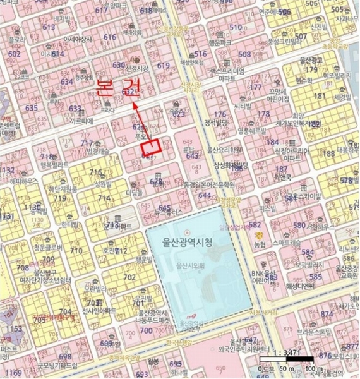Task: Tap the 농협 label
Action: point(260,243)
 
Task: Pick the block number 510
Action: point(235,27)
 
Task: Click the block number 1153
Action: point(14,328)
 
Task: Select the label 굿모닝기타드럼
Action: point(57,366)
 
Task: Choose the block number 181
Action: point(319,96)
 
